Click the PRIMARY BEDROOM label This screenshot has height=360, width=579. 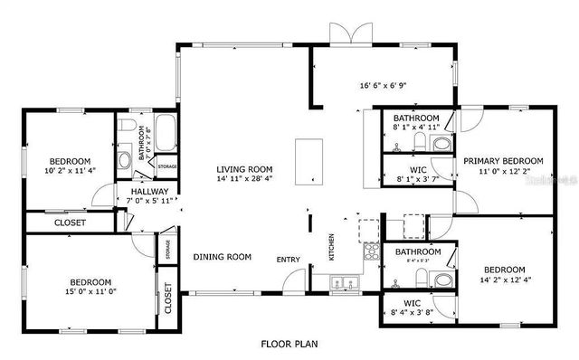[x=504, y=162]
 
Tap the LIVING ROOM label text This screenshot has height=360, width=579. [x=244, y=169]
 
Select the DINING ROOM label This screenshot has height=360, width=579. [x=222, y=257]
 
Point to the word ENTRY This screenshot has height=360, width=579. [x=289, y=261]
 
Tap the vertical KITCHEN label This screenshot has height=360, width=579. [x=331, y=247]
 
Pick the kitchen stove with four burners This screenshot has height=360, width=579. [x=370, y=254]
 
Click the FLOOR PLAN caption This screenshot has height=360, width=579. [x=289, y=344]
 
